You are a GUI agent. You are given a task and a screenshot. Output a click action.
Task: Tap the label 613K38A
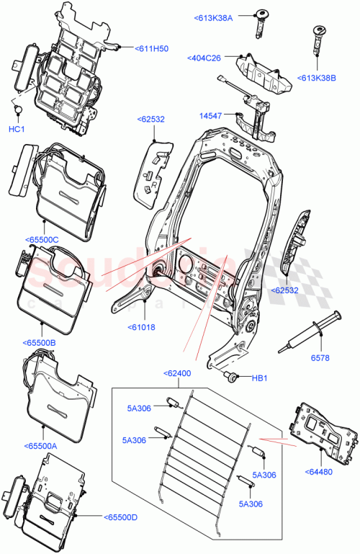213,17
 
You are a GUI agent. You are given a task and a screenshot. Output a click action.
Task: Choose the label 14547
211,115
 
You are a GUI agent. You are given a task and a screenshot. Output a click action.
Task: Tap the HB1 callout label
260,378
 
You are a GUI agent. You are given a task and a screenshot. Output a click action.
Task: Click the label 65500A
40,446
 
